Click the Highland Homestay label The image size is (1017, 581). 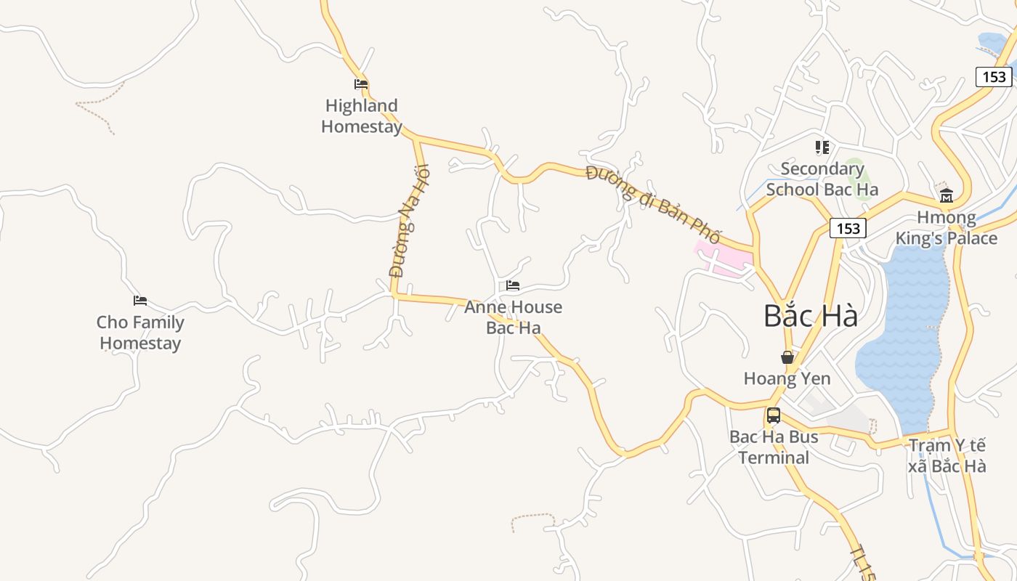pyautogui.click(x=361, y=116)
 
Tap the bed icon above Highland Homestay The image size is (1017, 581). pyautogui.click(x=361, y=84)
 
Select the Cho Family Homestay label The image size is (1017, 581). pyautogui.click(x=140, y=333)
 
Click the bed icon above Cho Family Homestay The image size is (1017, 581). pyautogui.click(x=140, y=301)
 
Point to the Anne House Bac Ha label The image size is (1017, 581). pyautogui.click(x=513, y=317)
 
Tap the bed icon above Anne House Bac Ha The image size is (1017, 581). pyautogui.click(x=513, y=285)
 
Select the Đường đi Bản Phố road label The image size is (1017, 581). pyautogui.click(x=653, y=204)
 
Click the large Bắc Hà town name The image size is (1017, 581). pyautogui.click(x=811, y=316)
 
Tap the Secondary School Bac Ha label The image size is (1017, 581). pyautogui.click(x=822, y=179)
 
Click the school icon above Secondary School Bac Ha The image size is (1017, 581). pyautogui.click(x=822, y=147)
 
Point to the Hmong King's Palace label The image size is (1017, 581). pyautogui.click(x=947, y=228)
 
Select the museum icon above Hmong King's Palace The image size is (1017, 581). pyautogui.click(x=947, y=195)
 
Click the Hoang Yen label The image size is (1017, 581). pyautogui.click(x=787, y=378)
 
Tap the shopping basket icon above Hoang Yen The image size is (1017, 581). pyautogui.click(x=787, y=357)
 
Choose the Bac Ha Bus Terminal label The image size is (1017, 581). pyautogui.click(x=774, y=447)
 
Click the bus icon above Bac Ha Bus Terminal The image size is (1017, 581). pyautogui.click(x=774, y=415)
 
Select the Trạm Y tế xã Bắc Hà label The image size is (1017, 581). pyautogui.click(x=947, y=455)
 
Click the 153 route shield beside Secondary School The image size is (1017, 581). pyautogui.click(x=848, y=229)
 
